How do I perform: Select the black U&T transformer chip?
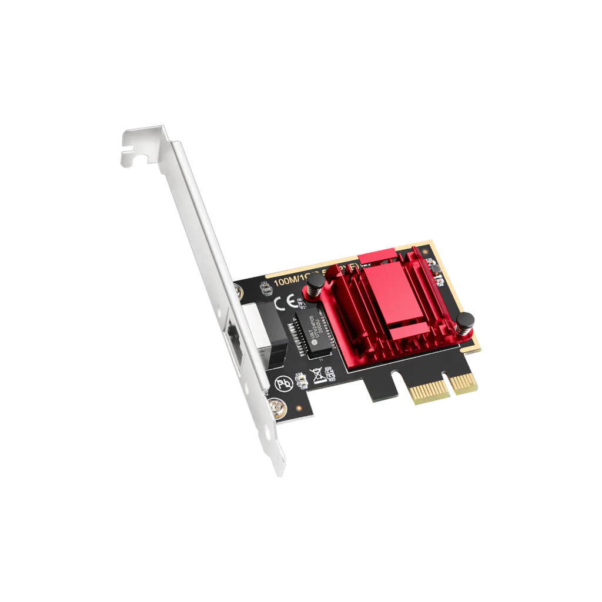click(309, 333)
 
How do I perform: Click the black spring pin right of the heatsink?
click(466, 324)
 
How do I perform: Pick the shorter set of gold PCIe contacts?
click(464, 385)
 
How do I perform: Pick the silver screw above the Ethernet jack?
click(239, 291)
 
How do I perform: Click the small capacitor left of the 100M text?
click(264, 284)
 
